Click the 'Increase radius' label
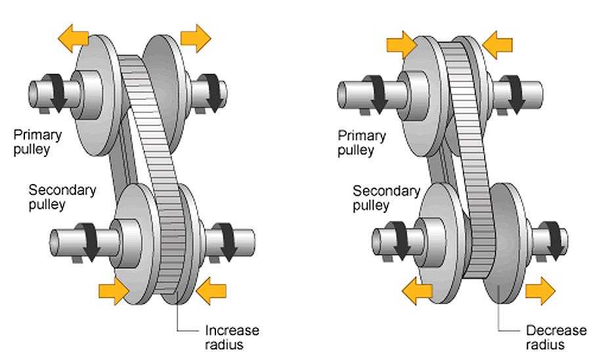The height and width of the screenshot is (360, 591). pos(232,336)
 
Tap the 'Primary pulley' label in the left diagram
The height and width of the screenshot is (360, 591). pos(37,142)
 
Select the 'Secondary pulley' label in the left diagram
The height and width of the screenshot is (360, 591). pos(62,197)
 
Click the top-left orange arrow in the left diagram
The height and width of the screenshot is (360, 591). pos(73,38)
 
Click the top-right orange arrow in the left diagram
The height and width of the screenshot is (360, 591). pos(195,38)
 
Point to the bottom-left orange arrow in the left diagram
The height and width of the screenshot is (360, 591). pos(112,289)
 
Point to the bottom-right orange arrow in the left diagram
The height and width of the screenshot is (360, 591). pos(211,290)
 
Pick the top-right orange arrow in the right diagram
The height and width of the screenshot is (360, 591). pos(497,44)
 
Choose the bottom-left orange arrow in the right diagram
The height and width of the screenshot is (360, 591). pos(418,290)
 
